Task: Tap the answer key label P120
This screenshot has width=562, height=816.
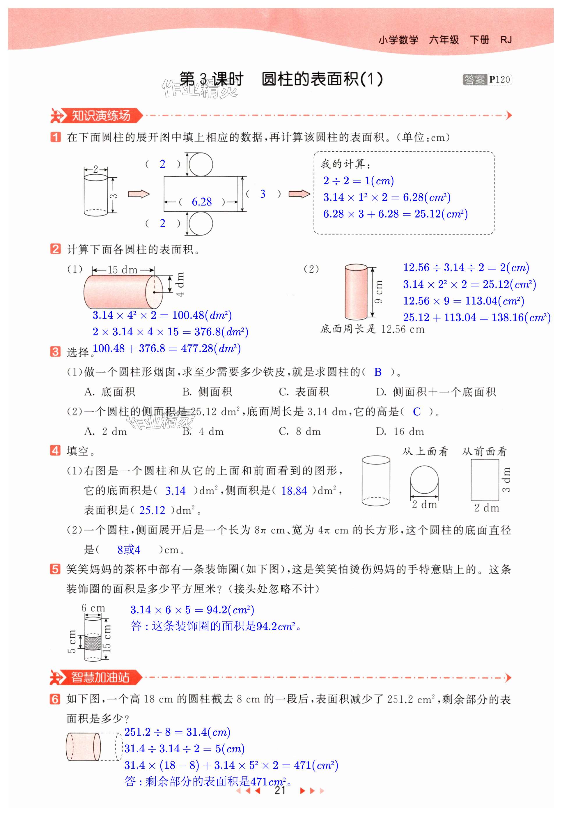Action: point(499,79)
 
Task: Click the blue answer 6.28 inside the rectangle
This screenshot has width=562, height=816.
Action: point(201,202)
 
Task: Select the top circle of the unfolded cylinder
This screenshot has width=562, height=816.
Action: point(201,164)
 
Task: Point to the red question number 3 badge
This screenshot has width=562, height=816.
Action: point(55,351)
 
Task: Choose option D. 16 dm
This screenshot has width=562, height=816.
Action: point(400,431)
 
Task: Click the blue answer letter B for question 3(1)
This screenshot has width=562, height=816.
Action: point(378,372)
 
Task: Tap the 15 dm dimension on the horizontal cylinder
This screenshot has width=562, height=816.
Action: point(123,270)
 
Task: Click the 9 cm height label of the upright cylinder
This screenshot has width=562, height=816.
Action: point(379,292)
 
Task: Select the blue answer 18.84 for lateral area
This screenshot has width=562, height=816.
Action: point(294,491)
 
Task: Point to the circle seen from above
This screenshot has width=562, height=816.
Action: point(424,480)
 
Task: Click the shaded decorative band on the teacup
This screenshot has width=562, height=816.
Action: point(93,642)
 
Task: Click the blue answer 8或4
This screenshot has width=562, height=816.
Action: point(129,550)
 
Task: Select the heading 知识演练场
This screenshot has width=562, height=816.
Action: point(101,116)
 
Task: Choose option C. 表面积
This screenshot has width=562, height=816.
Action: point(304,392)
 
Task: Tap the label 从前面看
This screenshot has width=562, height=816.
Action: point(484,451)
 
